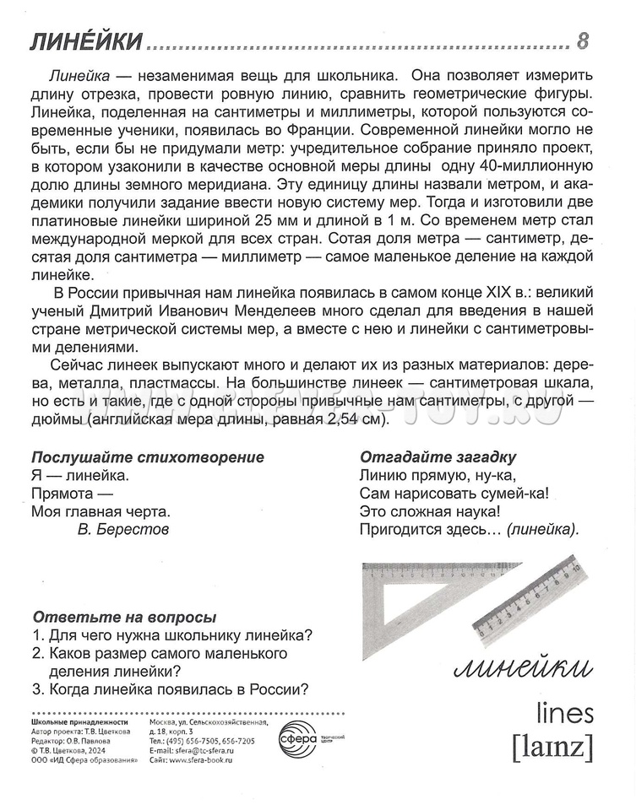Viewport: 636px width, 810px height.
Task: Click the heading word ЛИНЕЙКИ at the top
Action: [x=83, y=41]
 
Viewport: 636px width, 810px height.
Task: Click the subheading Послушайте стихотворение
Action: [x=147, y=457]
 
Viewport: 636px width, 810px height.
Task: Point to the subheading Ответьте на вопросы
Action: [x=123, y=617]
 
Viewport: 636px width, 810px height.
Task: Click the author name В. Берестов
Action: [x=122, y=529]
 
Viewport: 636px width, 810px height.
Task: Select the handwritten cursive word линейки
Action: [x=521, y=669]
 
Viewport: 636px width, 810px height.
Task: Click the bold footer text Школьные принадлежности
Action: [x=79, y=722]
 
